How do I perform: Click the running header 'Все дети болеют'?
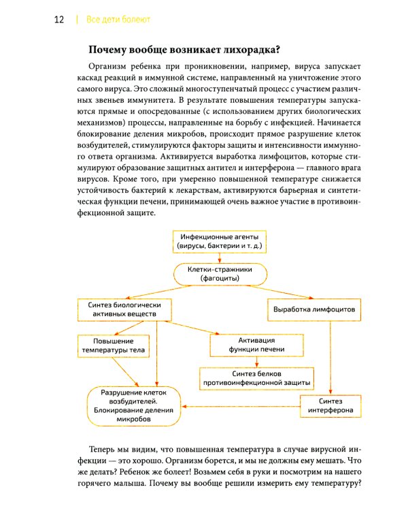[x=118, y=20]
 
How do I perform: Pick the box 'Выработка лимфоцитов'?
[x=313, y=309]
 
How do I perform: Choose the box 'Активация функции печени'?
[x=256, y=345]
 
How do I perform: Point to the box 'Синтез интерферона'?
[x=330, y=407]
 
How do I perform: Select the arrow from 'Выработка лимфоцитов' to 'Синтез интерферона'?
[x=330, y=358]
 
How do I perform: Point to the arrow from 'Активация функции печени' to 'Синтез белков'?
[x=256, y=362]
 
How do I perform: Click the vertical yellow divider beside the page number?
[x=77, y=20]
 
